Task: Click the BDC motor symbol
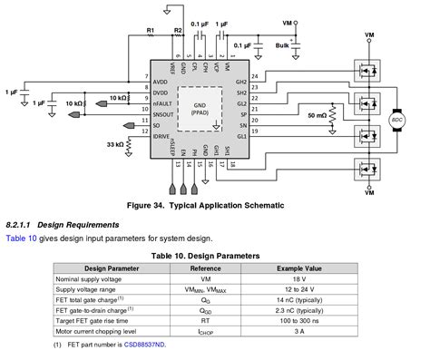pyautogui.click(x=396, y=118)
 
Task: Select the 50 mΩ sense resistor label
pyautogui.click(x=318, y=117)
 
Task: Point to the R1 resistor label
pyautogui.click(x=151, y=31)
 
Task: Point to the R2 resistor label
pyautogui.click(x=178, y=31)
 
